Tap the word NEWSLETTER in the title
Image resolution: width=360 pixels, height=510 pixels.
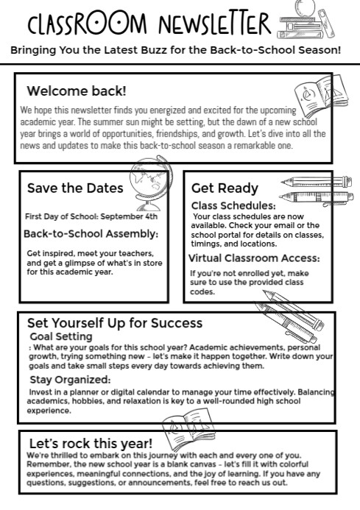[x=215, y=26]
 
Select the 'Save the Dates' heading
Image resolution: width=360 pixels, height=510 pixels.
[x=75, y=188]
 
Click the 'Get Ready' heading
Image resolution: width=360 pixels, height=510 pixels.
[x=225, y=188]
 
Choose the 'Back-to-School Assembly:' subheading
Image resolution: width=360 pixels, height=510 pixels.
[x=91, y=234]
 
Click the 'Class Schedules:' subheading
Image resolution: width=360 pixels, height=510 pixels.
[x=233, y=205]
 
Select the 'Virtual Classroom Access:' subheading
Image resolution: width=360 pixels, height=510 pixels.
[x=254, y=258]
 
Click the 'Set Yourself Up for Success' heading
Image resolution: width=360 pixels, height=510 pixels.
[x=114, y=323]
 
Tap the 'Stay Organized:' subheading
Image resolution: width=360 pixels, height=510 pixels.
[x=71, y=380]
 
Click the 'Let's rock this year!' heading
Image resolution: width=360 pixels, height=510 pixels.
[x=91, y=444]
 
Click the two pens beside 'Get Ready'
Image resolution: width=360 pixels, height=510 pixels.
[x=308, y=189]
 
